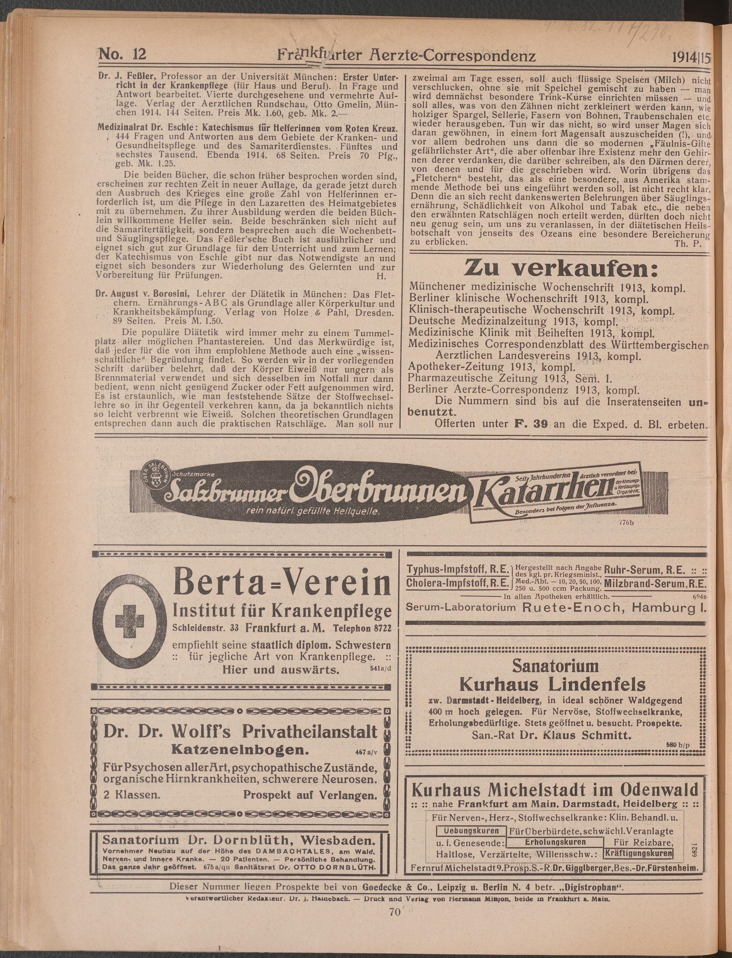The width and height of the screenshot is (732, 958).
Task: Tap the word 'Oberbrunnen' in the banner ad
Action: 374,490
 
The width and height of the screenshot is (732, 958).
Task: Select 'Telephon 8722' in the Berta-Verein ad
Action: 361,628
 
